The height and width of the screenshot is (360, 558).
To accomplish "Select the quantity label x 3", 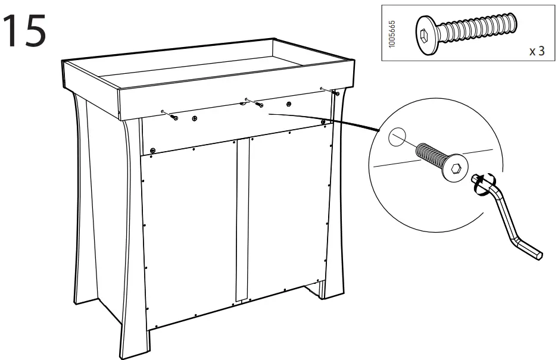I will click(536, 51).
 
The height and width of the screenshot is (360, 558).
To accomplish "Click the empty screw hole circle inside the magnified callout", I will click(396, 138).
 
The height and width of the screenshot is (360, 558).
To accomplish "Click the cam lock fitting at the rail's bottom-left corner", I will click(153, 149).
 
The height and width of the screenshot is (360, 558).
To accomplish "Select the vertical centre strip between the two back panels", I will click(241, 220).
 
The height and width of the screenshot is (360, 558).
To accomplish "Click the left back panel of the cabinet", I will click(191, 232).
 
